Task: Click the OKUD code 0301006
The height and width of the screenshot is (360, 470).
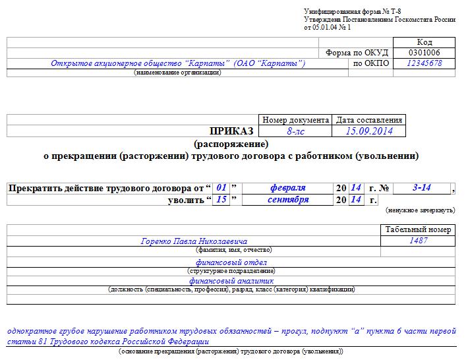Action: coord(424,53)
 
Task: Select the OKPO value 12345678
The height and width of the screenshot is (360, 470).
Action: coord(424,63)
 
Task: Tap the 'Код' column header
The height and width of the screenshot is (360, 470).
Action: coord(424,42)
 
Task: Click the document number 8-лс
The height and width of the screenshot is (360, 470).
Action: coord(296,131)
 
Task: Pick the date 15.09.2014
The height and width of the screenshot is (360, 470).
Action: coord(369,131)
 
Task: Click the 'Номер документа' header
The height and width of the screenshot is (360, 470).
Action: coord(296,120)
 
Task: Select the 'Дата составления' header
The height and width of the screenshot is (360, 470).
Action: coord(369,120)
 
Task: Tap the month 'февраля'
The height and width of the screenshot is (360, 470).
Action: coord(287,188)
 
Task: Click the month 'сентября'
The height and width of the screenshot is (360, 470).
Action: coord(288,200)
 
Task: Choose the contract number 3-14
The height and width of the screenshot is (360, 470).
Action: coord(421,188)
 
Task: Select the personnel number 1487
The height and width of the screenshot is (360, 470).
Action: coord(418,241)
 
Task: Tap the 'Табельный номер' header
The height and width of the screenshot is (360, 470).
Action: coord(418,229)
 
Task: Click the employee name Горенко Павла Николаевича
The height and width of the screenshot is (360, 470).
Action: coord(194,241)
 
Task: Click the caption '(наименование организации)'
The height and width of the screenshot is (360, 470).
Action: coord(177,73)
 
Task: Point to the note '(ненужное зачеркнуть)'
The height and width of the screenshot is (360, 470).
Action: coord(420,210)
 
